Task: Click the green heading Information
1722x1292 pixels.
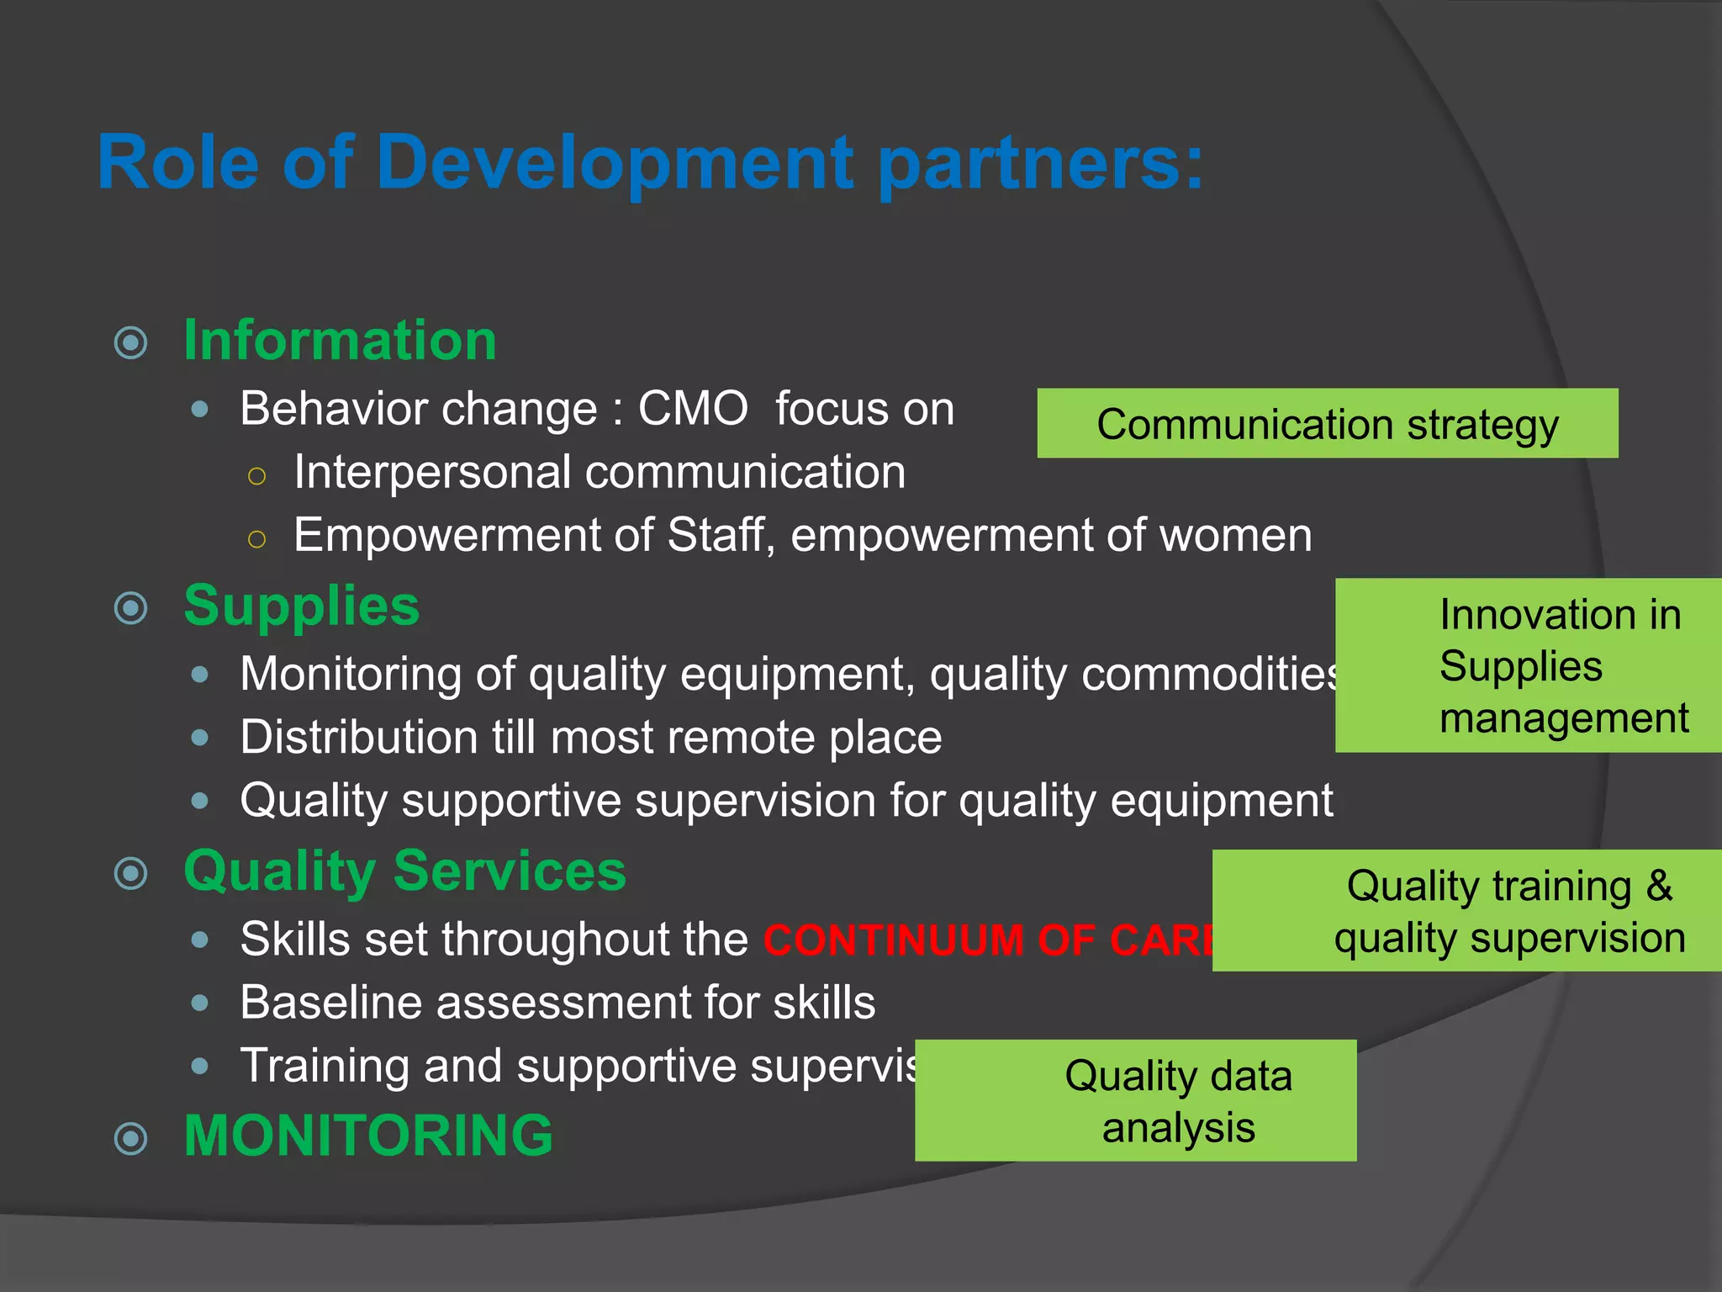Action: (340, 341)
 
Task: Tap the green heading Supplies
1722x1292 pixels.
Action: (301, 606)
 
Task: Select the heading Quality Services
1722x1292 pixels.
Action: (404, 871)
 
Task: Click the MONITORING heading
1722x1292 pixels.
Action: (368, 1136)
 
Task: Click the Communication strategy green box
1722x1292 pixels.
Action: (1327, 424)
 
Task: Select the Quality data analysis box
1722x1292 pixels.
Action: (1135, 1101)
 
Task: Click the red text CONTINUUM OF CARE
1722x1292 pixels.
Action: (989, 940)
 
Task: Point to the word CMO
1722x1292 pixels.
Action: (693, 410)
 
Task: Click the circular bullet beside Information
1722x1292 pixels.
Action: (131, 342)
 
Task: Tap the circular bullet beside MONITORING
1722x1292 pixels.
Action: (131, 1138)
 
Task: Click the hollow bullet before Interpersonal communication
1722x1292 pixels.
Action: (257, 476)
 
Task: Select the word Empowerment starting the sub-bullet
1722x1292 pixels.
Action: (446, 535)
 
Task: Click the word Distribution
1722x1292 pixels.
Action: (357, 738)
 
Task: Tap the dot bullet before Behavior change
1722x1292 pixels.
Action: (200, 410)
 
